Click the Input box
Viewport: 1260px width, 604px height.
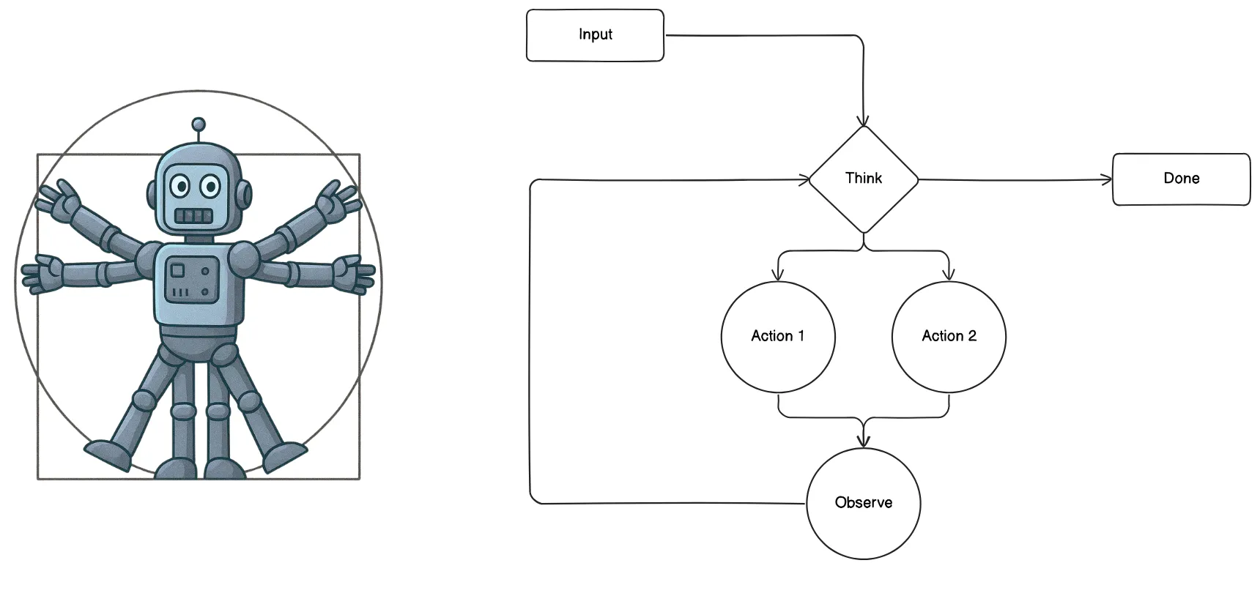(x=595, y=35)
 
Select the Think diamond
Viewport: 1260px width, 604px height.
(x=864, y=179)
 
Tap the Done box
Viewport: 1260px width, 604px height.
(x=1181, y=179)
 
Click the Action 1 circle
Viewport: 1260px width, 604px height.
(x=778, y=337)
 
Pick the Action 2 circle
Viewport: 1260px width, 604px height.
(x=949, y=337)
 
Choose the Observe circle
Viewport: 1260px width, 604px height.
(x=863, y=503)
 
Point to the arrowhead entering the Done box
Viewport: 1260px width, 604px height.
(x=1107, y=179)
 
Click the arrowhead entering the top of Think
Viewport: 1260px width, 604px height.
(x=864, y=121)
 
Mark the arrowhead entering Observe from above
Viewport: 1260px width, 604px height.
(x=864, y=441)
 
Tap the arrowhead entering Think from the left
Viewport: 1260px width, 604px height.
(x=804, y=179)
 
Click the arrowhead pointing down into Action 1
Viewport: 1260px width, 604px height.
(x=778, y=275)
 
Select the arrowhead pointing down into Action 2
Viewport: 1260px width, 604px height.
(x=949, y=275)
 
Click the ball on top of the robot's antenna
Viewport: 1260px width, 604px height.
(x=198, y=124)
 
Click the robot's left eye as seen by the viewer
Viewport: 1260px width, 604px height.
(x=180, y=186)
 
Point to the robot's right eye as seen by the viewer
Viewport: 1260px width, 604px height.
(x=210, y=186)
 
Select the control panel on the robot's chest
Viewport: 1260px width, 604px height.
(x=190, y=280)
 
